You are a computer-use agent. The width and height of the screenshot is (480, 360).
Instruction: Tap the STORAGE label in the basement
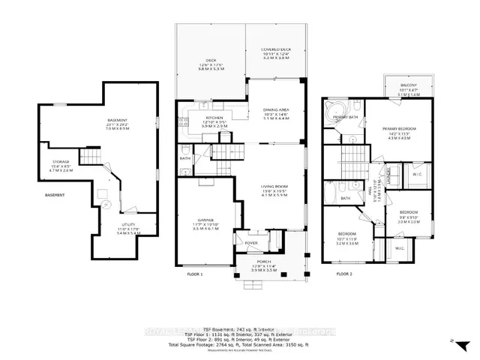(61, 161)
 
